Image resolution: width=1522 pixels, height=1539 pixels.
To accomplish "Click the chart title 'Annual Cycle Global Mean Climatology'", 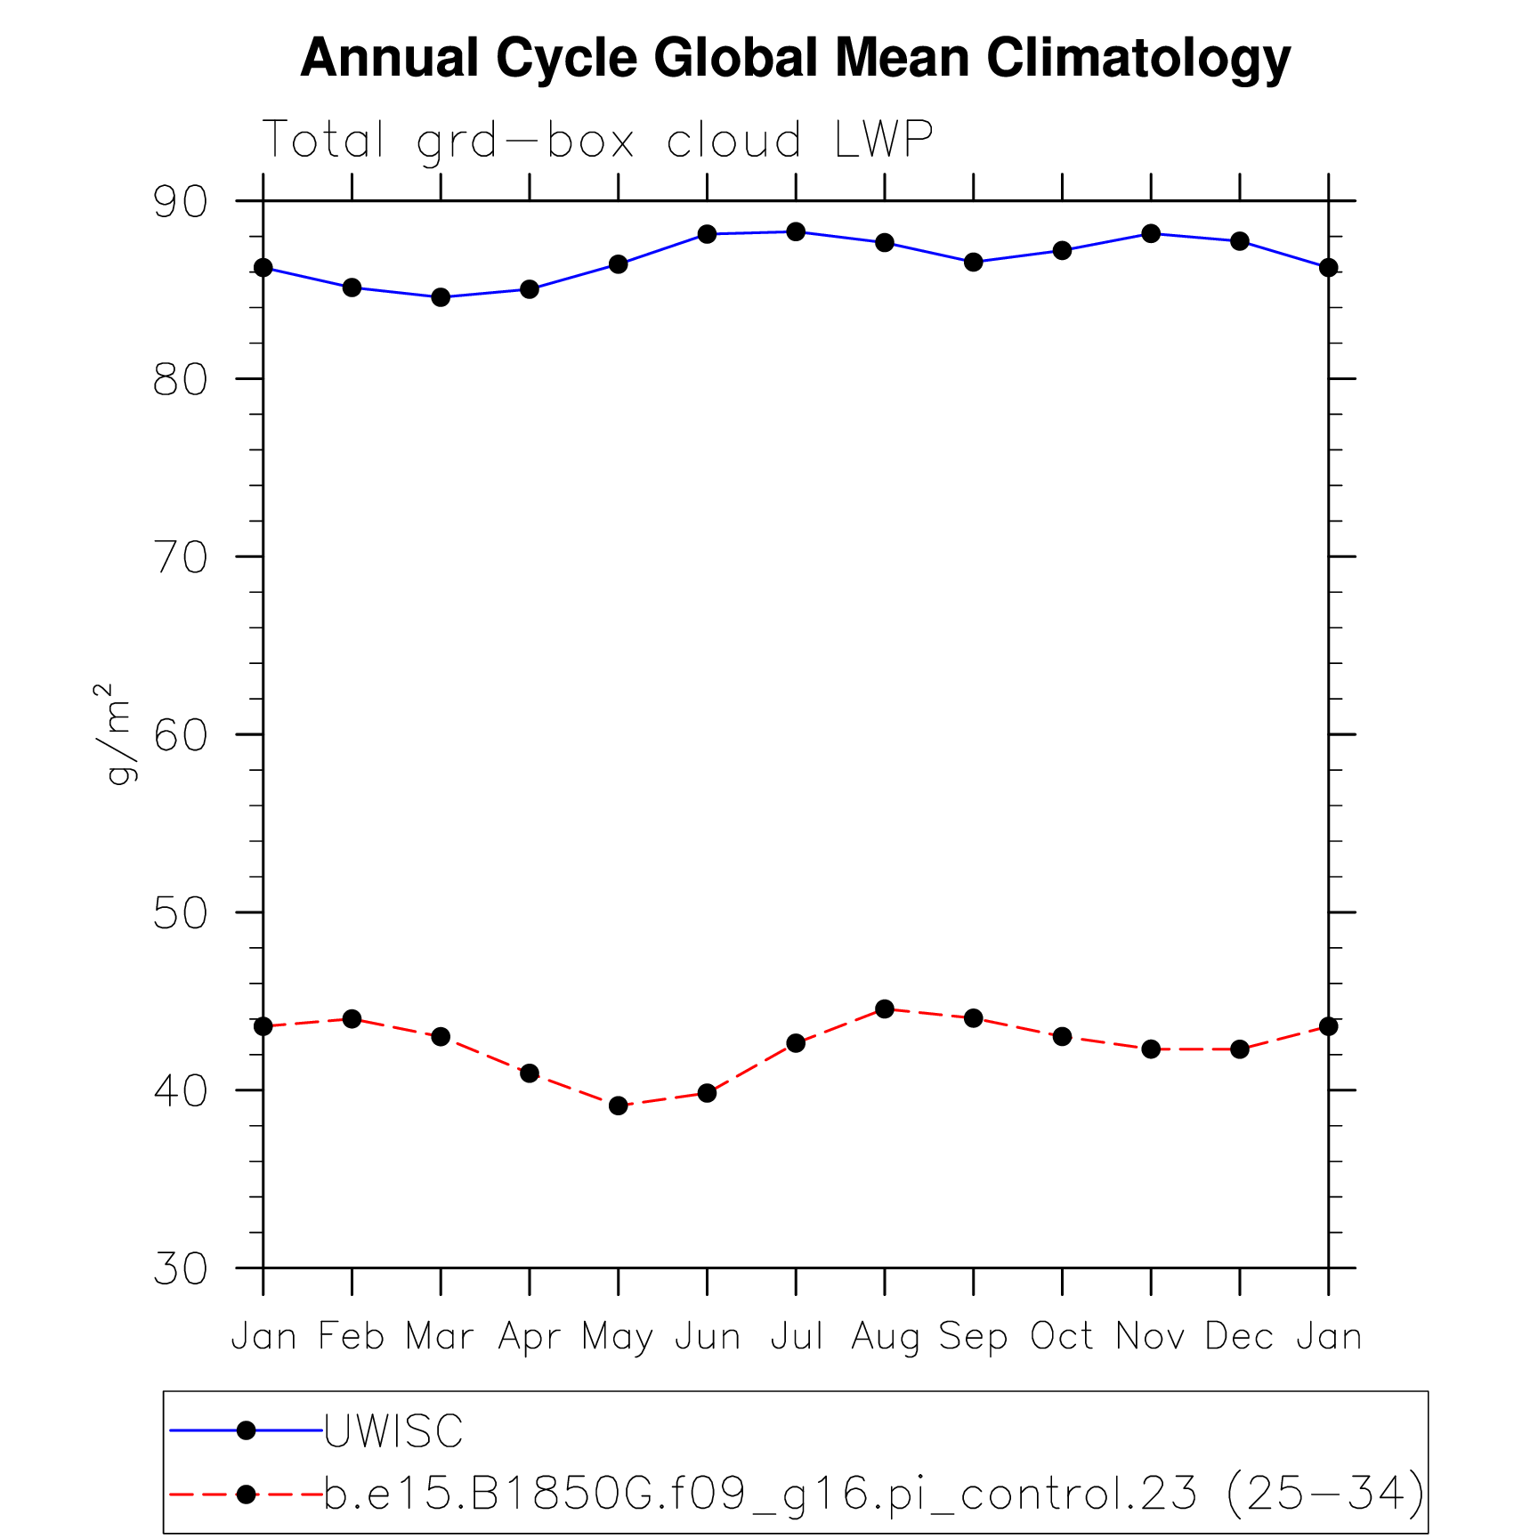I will [x=795, y=59].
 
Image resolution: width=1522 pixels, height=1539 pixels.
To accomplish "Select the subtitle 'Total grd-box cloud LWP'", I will [x=597, y=141].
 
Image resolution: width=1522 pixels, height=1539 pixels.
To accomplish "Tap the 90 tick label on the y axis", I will [x=181, y=202].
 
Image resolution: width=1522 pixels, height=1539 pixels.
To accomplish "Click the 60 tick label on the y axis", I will [x=181, y=735].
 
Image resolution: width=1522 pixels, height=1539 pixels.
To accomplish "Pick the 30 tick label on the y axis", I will [x=181, y=1268].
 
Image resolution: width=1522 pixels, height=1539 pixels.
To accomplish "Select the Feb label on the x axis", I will [x=352, y=1337].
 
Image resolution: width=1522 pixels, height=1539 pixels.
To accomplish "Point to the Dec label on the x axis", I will [x=1239, y=1337].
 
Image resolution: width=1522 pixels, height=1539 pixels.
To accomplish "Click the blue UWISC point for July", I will [x=796, y=232].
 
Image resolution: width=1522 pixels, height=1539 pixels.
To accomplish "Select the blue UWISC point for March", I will [x=441, y=297].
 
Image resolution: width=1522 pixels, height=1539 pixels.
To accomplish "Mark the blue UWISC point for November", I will [x=1151, y=234].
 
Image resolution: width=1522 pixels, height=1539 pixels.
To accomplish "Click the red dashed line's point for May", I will [x=619, y=1106].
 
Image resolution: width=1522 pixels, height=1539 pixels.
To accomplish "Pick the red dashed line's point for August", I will [x=885, y=1008].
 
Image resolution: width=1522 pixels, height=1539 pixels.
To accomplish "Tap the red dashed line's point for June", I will [x=707, y=1093].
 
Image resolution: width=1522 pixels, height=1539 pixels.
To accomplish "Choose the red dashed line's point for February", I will [x=352, y=1018].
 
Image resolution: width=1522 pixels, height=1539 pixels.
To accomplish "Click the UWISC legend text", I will [x=393, y=1431].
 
